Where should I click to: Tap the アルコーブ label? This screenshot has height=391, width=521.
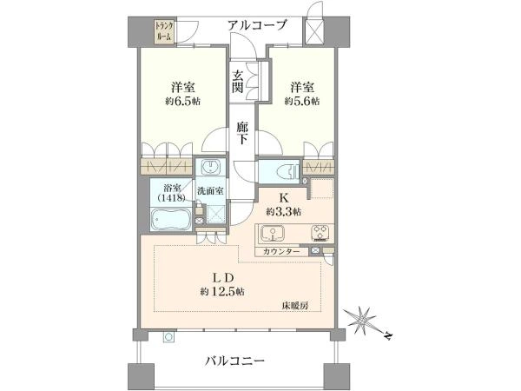258,25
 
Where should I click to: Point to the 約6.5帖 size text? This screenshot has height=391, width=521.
181,102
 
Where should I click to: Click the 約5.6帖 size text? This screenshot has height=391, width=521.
302,102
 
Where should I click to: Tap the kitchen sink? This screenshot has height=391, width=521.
274,234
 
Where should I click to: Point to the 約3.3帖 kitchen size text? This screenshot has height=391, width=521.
284,211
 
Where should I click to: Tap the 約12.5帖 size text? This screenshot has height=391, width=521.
222,291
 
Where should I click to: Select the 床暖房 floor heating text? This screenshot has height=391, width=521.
293,305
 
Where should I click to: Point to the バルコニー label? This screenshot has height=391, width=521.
234,359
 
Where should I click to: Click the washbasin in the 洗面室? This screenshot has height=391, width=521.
211,167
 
